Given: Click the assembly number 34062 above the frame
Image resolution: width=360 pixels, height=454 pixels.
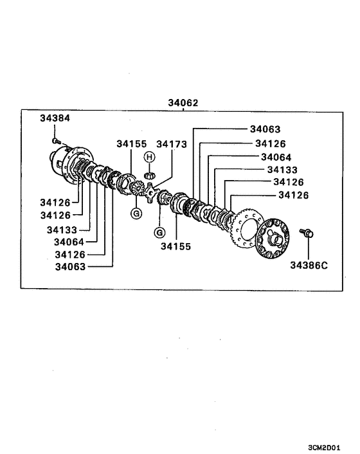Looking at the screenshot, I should coord(183,102).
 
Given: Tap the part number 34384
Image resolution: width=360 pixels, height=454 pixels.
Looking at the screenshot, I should coord(55,118).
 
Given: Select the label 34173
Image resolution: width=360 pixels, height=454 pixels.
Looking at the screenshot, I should coord(172,144).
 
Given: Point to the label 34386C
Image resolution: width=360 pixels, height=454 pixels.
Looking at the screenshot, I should coord(309,264).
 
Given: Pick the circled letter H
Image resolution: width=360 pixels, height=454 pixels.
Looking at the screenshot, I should coord(148,157).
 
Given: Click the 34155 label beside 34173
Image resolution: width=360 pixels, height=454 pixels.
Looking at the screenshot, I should coord(132,144).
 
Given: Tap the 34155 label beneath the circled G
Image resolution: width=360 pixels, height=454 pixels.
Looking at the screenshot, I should coord(176,246).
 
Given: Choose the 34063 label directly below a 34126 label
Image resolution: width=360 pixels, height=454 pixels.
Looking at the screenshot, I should coord(71,266).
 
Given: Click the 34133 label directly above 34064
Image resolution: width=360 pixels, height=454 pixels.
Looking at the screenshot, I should coord(282,169).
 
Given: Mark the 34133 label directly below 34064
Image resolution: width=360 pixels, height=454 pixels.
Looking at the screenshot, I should coord(62,229).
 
